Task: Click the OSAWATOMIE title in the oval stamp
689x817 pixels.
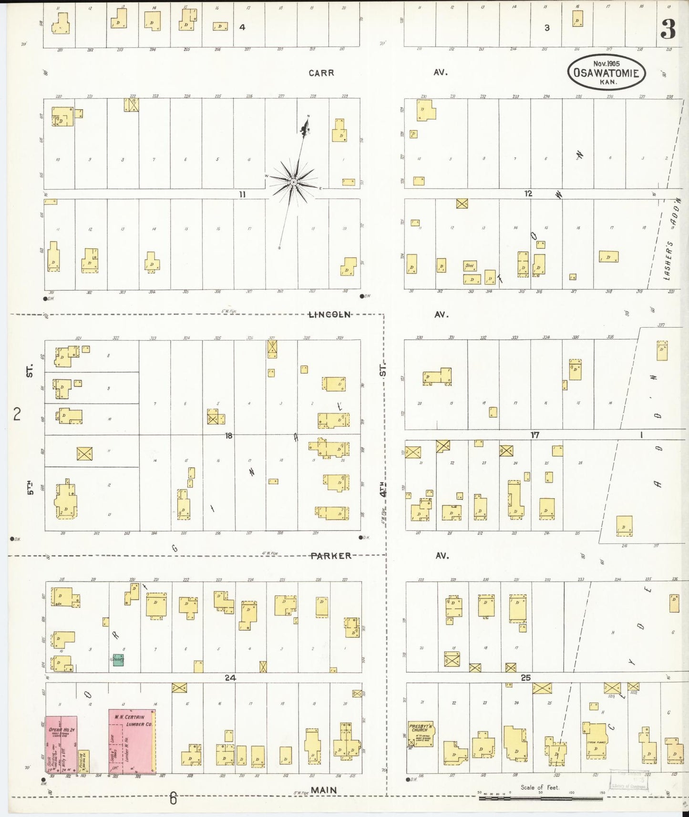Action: click(606, 73)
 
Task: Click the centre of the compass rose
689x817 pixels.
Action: click(294, 182)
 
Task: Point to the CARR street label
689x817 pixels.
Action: click(321, 73)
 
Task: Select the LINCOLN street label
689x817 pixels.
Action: click(329, 315)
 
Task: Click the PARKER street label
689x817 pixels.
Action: click(330, 556)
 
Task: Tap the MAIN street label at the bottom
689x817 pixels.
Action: click(324, 790)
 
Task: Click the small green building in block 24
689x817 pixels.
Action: click(118, 660)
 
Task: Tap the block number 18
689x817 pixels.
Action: click(229, 435)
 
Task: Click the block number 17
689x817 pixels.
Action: click(535, 435)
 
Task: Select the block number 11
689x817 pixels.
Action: click(242, 194)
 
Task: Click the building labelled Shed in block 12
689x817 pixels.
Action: click(470, 266)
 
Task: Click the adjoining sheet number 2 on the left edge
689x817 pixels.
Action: click(17, 414)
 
